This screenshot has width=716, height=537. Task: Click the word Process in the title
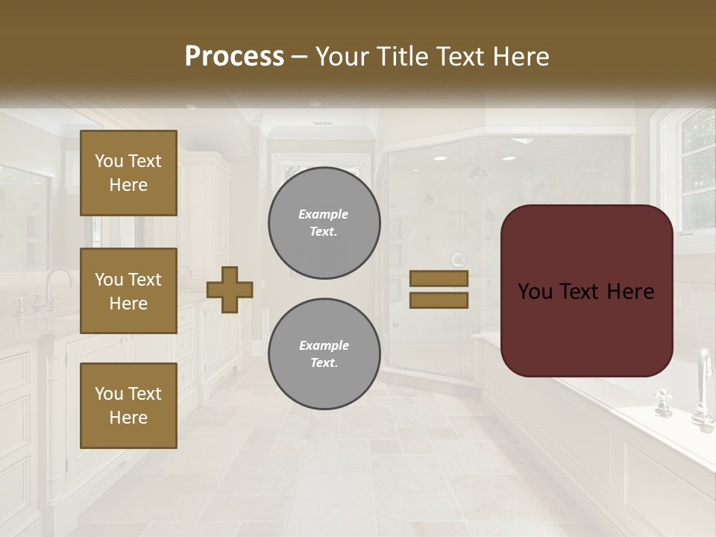(x=234, y=56)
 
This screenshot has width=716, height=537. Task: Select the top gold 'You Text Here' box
(x=128, y=173)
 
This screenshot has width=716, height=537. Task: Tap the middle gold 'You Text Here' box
(x=128, y=291)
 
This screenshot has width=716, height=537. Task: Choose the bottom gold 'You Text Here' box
(x=128, y=405)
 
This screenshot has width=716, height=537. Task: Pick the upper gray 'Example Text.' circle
(x=324, y=223)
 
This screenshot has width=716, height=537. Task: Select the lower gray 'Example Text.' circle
(x=324, y=354)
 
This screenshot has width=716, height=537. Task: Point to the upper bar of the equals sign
(x=439, y=278)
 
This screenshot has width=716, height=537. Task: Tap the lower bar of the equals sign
(x=439, y=300)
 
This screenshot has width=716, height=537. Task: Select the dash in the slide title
(x=299, y=57)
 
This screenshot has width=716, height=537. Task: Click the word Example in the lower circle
(x=324, y=345)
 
